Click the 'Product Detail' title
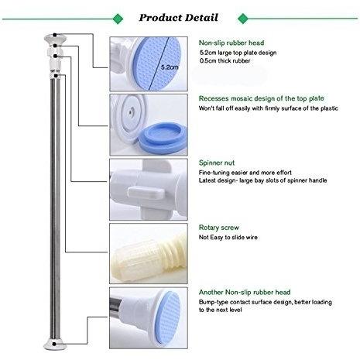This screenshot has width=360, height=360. tap(178, 18)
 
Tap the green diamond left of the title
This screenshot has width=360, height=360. tap(118, 19)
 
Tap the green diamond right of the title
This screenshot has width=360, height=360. tap(242, 19)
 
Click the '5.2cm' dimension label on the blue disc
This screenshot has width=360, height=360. tap(170, 67)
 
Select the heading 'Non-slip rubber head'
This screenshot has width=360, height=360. tap(231, 43)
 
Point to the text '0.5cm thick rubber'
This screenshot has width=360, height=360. tap(225, 61)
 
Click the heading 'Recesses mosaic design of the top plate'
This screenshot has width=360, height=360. tap(262, 98)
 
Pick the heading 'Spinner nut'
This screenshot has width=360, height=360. tap(217, 163)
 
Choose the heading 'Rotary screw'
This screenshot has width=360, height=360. tap(219, 228)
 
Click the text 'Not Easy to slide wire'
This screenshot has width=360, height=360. tap(228, 238)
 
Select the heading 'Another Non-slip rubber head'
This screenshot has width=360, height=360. tap(245, 293)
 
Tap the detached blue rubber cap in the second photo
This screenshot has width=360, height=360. tap(163, 139)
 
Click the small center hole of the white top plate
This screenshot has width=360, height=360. tap(130, 112)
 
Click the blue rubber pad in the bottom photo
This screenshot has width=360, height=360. tap(168, 318)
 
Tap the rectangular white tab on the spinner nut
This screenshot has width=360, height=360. tap(146, 193)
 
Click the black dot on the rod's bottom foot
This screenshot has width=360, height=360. tap(54, 344)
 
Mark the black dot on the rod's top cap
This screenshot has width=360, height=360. tap(55, 35)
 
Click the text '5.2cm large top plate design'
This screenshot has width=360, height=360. tap(238, 53)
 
